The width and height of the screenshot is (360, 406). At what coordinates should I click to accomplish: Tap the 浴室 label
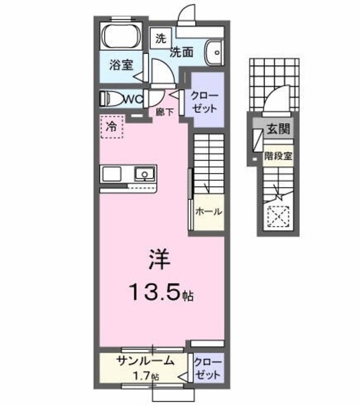[x=119, y=65]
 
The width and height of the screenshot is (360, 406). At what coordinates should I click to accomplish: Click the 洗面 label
[x=181, y=52]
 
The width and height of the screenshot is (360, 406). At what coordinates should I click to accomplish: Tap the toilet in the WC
[x=112, y=98]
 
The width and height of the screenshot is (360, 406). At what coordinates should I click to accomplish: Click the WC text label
[x=131, y=98]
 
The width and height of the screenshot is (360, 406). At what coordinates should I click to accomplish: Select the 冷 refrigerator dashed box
[x=112, y=126]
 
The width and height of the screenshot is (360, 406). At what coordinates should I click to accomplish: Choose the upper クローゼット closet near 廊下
[x=207, y=100]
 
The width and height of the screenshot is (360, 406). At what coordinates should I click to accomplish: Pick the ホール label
[x=209, y=212]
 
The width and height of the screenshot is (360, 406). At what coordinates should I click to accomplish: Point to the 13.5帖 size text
[x=162, y=294]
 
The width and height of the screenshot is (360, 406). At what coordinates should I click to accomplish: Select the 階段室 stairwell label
[x=278, y=155]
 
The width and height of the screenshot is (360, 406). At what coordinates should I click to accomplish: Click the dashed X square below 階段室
[x=278, y=218]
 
